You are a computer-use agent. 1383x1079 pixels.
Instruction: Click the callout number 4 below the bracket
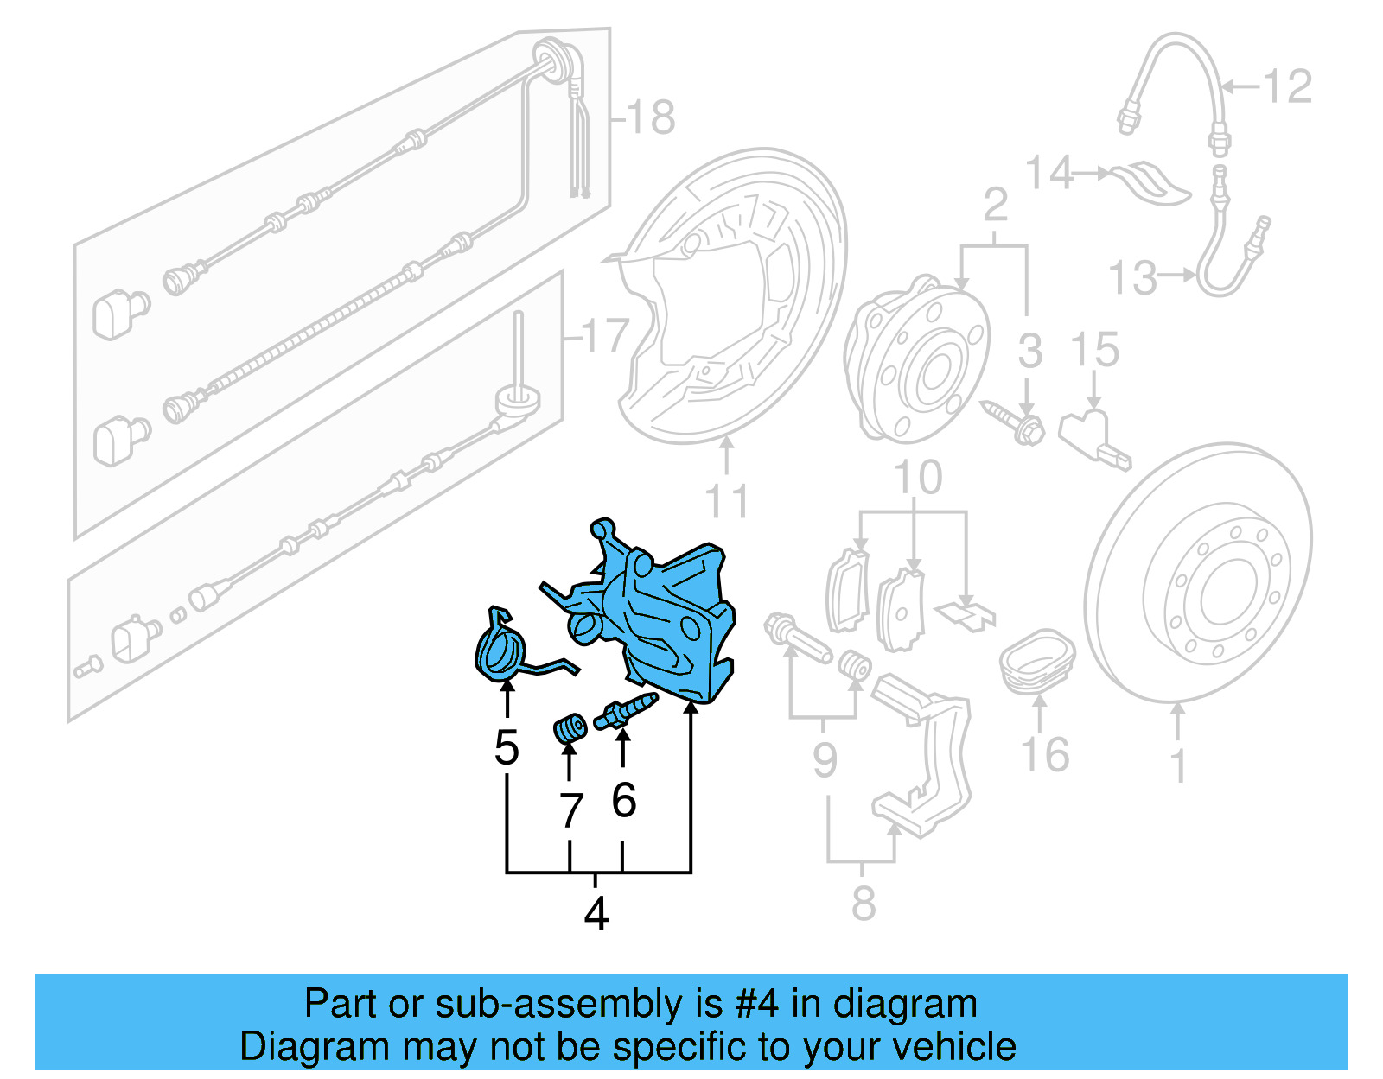click(x=596, y=913)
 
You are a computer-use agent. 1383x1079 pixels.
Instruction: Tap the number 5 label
click(x=507, y=748)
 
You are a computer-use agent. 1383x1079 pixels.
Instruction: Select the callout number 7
click(x=570, y=811)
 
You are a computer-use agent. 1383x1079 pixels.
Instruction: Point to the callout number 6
click(x=623, y=800)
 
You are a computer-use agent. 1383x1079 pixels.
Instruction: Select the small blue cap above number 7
click(x=570, y=729)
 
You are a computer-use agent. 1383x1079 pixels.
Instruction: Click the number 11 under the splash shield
click(x=727, y=501)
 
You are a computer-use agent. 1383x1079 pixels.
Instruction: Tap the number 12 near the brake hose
click(x=1287, y=86)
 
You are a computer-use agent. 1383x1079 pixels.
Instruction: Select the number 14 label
click(x=1049, y=173)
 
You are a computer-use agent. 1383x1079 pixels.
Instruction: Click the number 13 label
click(x=1132, y=278)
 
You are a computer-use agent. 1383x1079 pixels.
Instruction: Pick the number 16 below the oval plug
click(x=1045, y=754)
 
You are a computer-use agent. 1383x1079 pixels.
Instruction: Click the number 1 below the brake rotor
click(x=1177, y=765)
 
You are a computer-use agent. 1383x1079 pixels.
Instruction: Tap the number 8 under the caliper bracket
click(x=863, y=904)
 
